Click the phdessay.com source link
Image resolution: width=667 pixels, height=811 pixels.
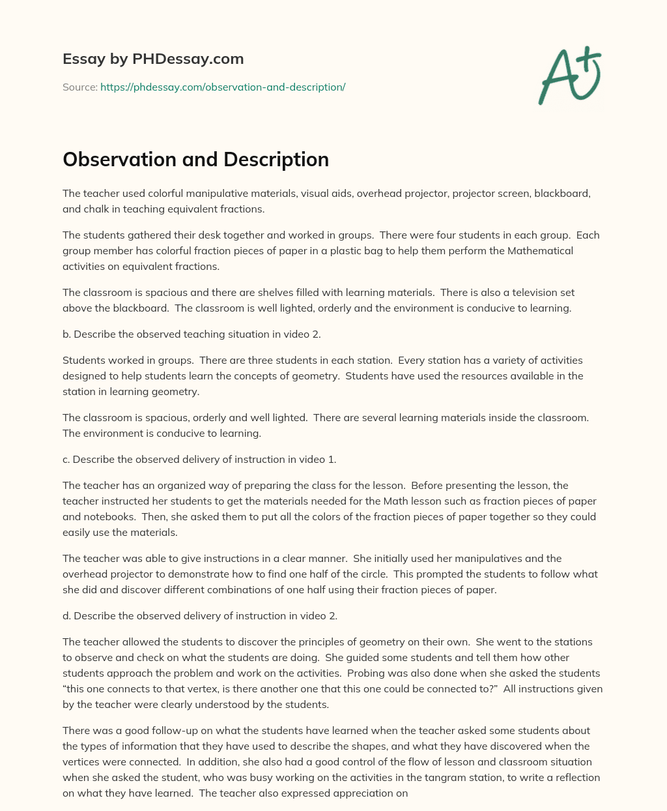coord(223,87)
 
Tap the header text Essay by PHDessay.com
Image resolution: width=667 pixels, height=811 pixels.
coord(153,59)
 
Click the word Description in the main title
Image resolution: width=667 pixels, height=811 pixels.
coord(270,160)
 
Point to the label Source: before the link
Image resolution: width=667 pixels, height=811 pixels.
coord(79,87)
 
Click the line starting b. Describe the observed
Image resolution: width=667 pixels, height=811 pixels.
coord(192,334)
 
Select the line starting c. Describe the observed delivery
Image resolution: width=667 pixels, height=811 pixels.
coord(199,459)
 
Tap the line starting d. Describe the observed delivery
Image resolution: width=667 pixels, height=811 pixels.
coord(199,615)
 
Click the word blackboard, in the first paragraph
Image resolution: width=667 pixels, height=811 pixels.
coord(562,194)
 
